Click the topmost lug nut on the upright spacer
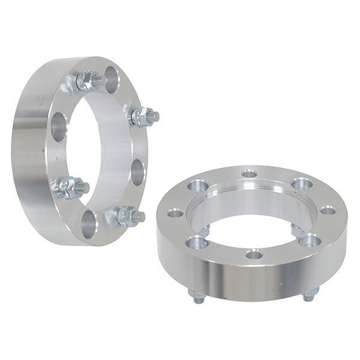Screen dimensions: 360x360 87,80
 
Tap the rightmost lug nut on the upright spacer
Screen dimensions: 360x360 144,116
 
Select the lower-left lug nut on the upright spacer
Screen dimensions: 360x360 70,187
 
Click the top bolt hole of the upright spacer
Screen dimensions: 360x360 112,79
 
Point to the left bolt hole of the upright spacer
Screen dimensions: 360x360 58,127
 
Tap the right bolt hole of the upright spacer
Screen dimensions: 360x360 137,172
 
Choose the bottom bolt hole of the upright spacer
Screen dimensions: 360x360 88,224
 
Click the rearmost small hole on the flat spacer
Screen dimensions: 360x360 250,174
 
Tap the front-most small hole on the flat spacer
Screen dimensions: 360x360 254,255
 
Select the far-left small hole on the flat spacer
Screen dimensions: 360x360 175,212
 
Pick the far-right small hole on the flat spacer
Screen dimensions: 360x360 328,210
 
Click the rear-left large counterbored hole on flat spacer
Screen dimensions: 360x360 197,185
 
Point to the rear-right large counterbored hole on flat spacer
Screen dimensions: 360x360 302,184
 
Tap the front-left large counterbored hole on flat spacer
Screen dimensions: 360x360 196,242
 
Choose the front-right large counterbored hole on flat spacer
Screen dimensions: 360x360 310,240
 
